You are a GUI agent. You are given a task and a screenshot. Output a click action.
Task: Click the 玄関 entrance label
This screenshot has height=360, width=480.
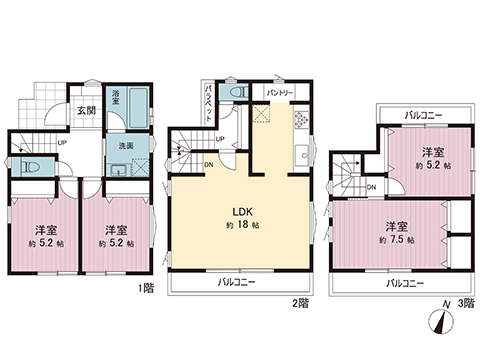click(x=86, y=111)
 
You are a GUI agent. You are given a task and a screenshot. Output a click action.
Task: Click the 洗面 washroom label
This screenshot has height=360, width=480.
click(x=117, y=145)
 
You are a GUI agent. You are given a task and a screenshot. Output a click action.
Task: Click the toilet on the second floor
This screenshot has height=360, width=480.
click(x=234, y=90)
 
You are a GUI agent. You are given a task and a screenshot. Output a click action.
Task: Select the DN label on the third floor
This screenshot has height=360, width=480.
click(x=371, y=186)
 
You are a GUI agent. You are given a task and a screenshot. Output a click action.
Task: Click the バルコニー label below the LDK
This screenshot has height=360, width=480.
click(x=239, y=283)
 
